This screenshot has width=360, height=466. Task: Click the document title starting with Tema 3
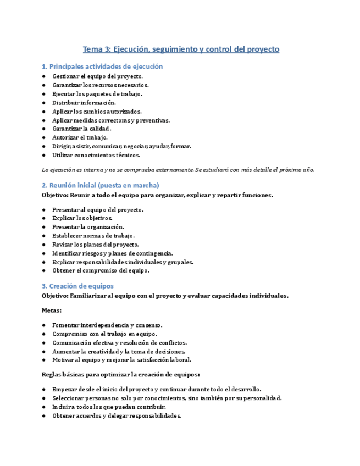[181, 49]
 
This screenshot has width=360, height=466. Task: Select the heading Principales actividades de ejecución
[102, 66]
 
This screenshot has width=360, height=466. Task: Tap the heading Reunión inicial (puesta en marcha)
[100, 185]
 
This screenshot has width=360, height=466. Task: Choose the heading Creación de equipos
[77, 286]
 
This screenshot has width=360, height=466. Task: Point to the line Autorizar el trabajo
[80, 137]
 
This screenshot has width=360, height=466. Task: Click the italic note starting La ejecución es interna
[178, 169]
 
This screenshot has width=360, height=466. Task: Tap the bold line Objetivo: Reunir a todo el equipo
[157, 195]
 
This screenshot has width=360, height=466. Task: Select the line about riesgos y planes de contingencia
[113, 253]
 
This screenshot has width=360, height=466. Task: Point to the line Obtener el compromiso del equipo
[101, 271]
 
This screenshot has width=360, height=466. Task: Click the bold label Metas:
[52, 310]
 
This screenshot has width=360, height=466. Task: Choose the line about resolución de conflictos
[120, 342]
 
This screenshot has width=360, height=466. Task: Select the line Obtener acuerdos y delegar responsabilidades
[117, 416]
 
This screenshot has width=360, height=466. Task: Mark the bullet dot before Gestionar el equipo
[44, 76]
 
